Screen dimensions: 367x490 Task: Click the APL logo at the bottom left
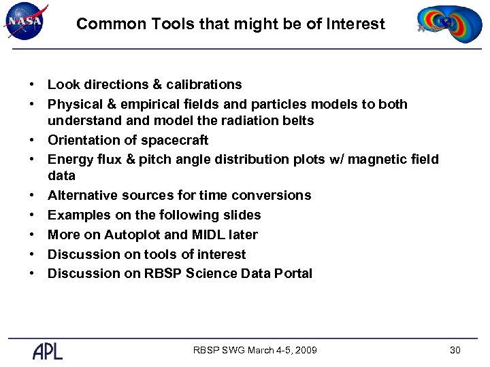coord(48,351)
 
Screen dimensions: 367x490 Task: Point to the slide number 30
coord(455,350)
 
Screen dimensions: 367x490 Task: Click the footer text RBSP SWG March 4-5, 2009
coord(255,350)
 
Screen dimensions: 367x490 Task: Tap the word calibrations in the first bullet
coord(205,85)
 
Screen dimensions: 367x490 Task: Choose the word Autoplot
coord(131,235)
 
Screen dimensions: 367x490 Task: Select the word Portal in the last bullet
coord(293,274)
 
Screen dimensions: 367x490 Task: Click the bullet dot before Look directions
coord(32,85)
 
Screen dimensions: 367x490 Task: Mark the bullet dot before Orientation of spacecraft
coord(32,141)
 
